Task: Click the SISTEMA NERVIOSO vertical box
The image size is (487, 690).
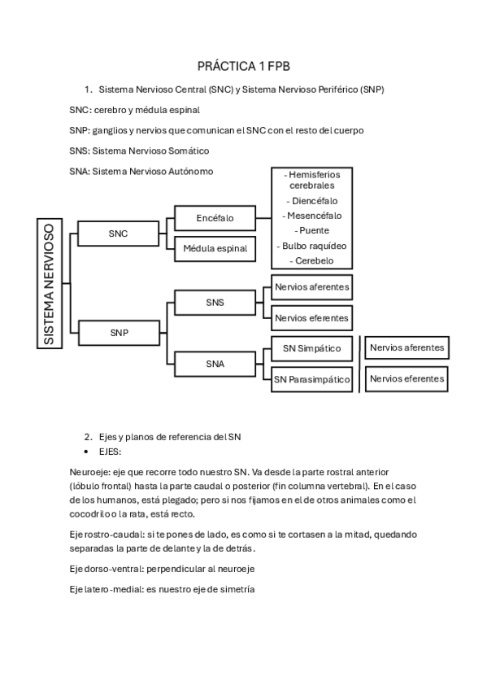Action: click(x=50, y=283)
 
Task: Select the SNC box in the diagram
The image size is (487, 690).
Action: click(x=118, y=234)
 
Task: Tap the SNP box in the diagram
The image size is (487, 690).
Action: click(x=118, y=332)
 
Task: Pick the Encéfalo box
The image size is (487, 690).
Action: click(x=215, y=218)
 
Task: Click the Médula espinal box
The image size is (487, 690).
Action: click(x=215, y=248)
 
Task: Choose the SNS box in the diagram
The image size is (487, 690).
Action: click(x=215, y=303)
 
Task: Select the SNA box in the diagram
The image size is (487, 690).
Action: click(x=215, y=364)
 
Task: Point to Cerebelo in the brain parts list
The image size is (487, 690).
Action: click(x=313, y=260)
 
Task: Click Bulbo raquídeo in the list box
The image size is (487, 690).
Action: click(x=313, y=246)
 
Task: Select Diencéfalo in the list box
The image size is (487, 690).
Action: click(x=313, y=200)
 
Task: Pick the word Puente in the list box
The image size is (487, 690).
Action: click(x=313, y=230)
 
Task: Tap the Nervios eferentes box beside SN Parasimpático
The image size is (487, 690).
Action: click(x=407, y=378)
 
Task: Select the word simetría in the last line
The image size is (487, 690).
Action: click(x=235, y=590)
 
